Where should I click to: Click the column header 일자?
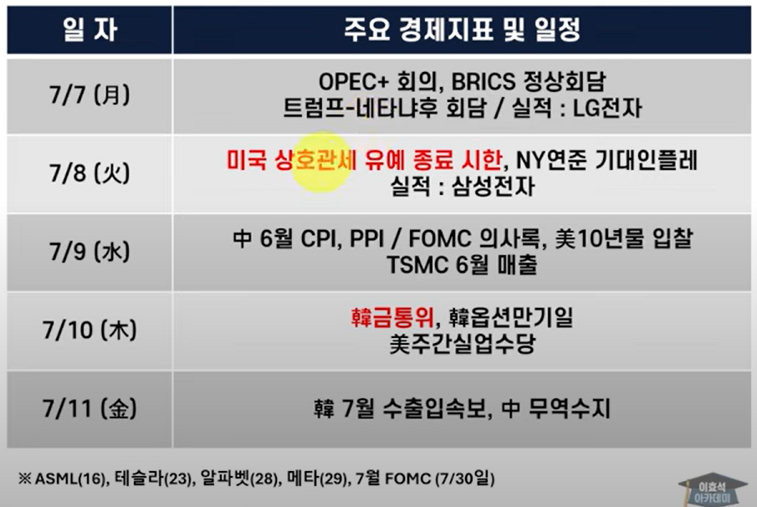90,30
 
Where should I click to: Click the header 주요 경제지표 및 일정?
462,30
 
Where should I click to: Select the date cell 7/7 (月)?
90,95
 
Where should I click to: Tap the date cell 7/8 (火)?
90,173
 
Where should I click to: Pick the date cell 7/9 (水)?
90,252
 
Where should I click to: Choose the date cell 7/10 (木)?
90,330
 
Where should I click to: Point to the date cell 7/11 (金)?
90,409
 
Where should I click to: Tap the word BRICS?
483,82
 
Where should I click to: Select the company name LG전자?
607,108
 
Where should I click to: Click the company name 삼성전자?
494,187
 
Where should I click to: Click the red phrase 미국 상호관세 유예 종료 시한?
365,161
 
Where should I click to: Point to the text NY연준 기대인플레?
607,161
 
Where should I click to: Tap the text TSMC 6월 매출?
462,265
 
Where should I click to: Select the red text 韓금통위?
392,318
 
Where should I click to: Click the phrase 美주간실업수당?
462,344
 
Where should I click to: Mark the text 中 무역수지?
556,409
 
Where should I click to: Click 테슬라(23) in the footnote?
153,479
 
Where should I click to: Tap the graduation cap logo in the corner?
713,490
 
